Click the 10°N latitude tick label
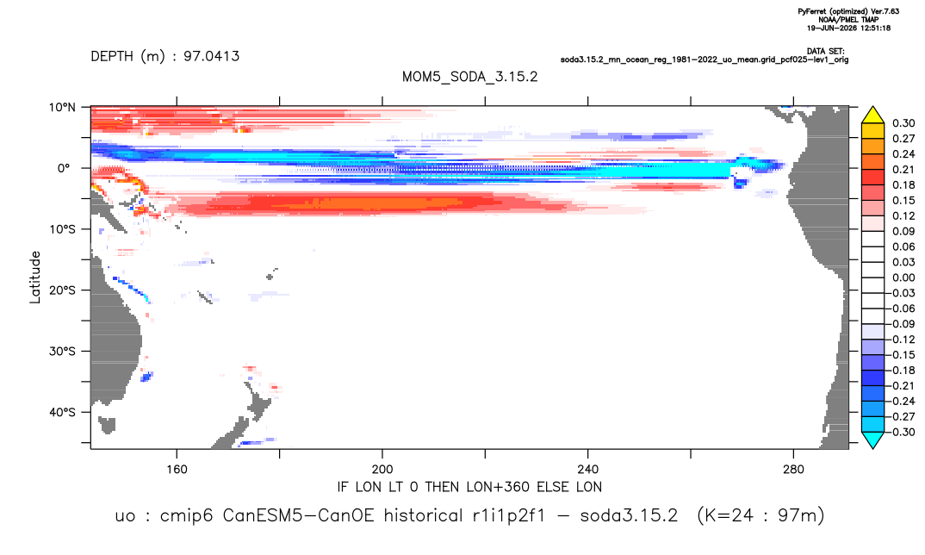[62, 108]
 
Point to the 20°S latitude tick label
[62, 290]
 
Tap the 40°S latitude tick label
[62, 412]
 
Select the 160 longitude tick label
[177, 470]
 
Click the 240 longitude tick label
[588, 470]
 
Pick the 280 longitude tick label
[793, 470]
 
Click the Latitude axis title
[35, 277]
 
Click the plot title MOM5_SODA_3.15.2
[470, 78]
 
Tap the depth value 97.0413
[211, 57]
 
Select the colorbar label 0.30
[903, 123]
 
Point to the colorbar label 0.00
[903, 277]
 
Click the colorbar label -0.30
[902, 432]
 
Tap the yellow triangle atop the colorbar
[873, 115]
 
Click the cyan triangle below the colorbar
[873, 440]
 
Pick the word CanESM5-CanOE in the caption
[299, 516]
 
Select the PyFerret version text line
[848, 12]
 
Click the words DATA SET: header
[825, 52]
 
